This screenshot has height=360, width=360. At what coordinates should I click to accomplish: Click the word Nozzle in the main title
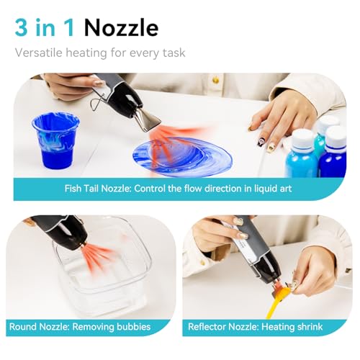121,28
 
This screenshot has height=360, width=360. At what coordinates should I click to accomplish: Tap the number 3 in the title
22,28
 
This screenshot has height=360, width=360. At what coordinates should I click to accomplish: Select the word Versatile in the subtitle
39,53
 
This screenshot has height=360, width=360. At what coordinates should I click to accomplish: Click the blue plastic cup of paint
55,140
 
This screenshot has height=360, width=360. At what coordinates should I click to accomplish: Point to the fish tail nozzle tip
148,122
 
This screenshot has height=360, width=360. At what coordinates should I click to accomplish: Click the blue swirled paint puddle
182,158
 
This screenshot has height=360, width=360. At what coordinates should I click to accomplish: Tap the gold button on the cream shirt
215,79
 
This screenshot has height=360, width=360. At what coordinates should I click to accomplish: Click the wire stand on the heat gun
99,102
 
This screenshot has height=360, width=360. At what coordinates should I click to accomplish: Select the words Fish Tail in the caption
81,189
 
